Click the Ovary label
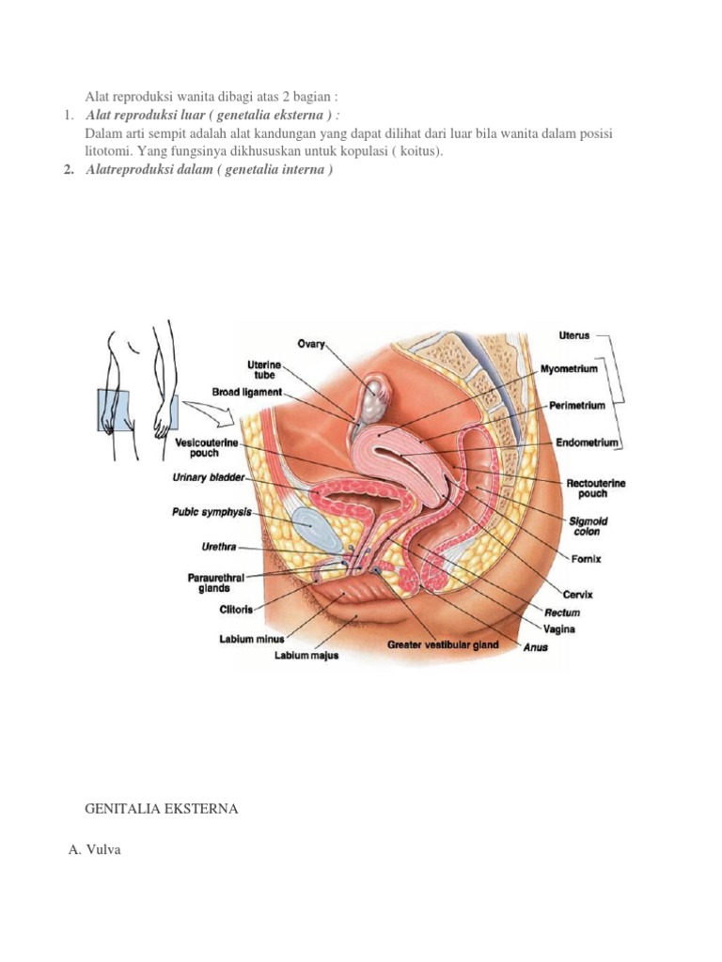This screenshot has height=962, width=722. click(x=310, y=344)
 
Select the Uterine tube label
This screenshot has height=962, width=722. click(x=264, y=370)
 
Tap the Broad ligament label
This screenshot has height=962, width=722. click(x=247, y=392)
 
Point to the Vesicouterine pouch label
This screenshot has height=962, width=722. click(x=206, y=448)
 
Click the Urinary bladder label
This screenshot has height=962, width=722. click(x=209, y=477)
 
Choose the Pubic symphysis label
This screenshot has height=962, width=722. click(x=212, y=512)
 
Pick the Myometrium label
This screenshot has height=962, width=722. click(x=569, y=368)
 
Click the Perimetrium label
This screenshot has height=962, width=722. click(x=576, y=406)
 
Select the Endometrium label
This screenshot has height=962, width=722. click(x=587, y=442)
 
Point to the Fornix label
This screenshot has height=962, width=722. click(x=586, y=559)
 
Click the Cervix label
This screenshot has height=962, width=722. click(x=578, y=595)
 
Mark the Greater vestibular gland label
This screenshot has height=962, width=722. click(x=443, y=644)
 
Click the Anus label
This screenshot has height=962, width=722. click(x=535, y=647)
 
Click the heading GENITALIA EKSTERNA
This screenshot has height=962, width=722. click(x=162, y=809)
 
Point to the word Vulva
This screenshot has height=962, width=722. click(x=103, y=849)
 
